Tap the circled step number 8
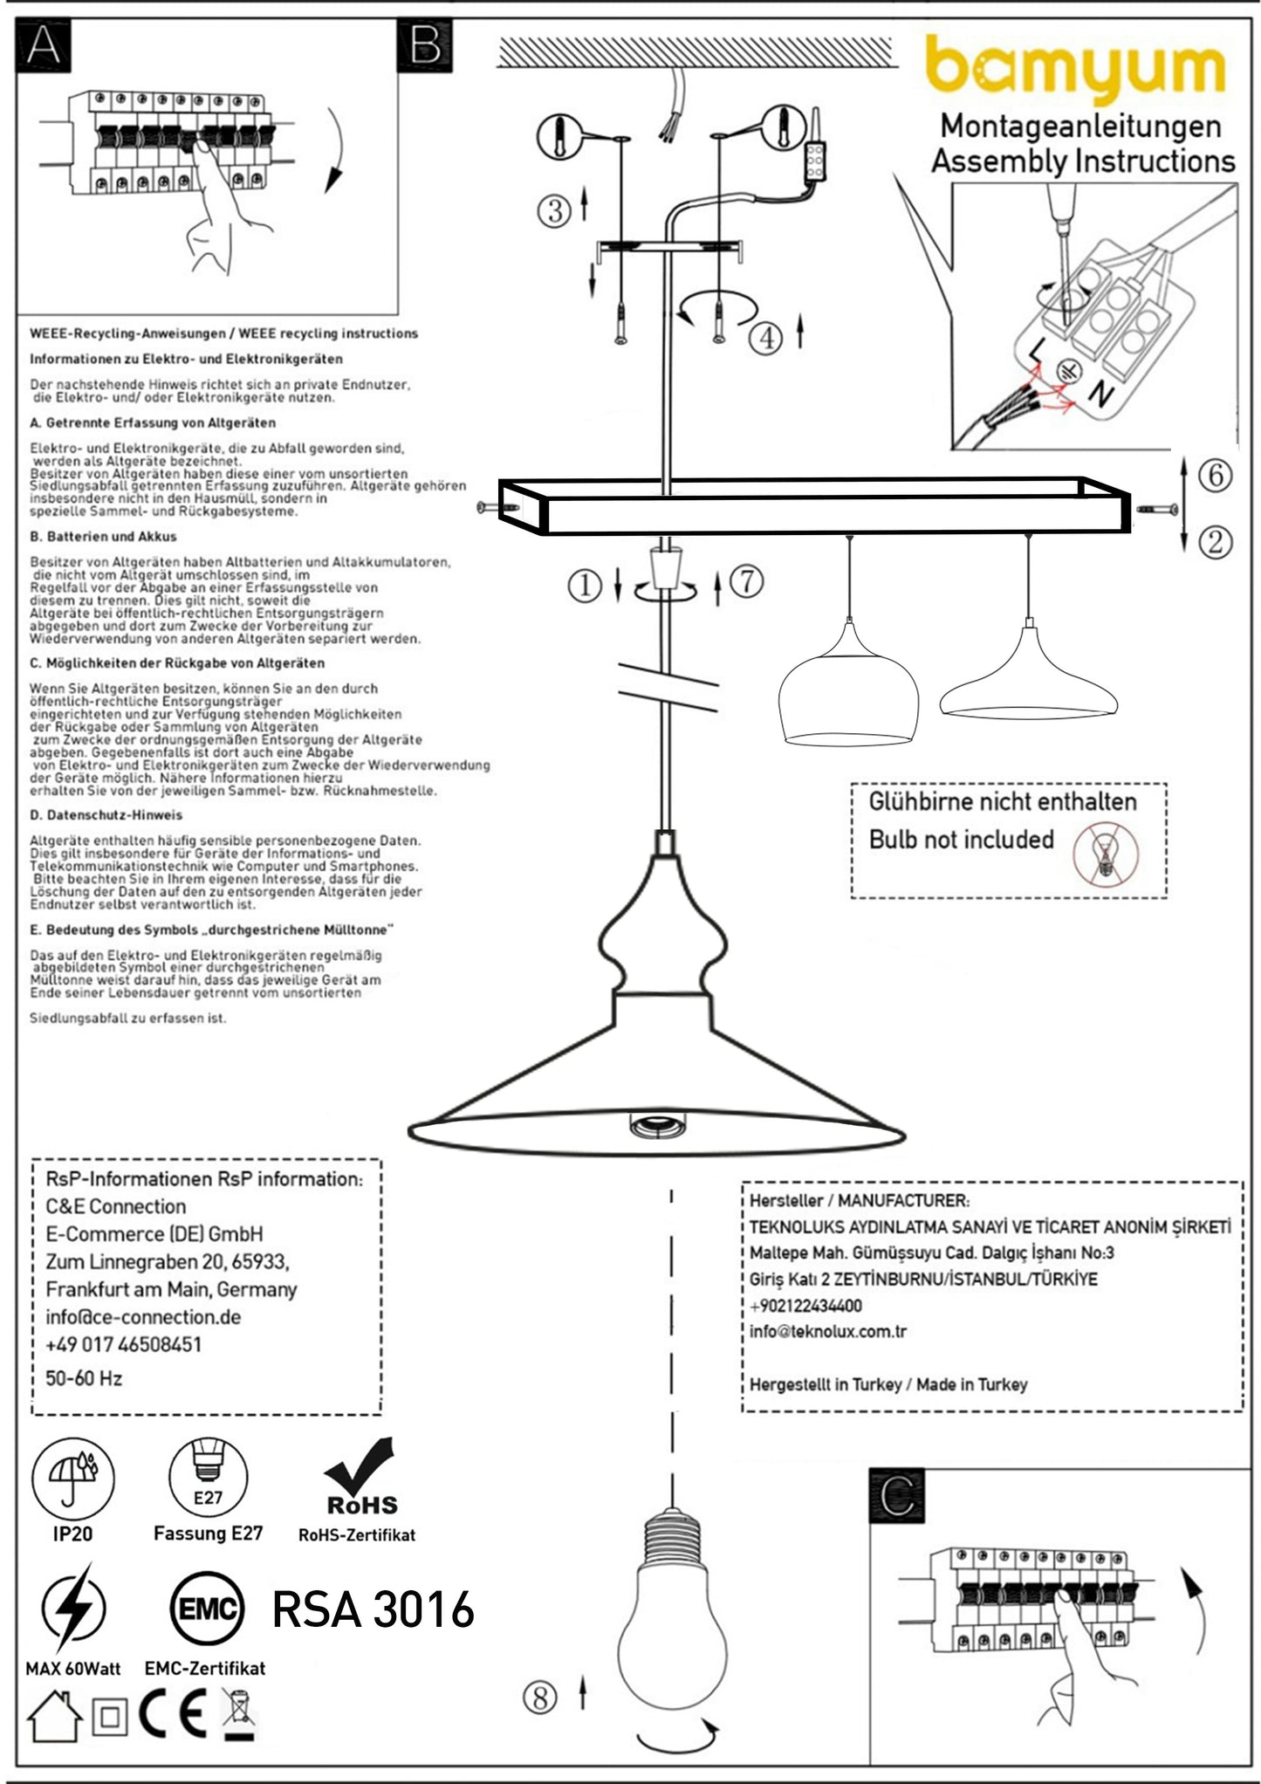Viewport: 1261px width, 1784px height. (539, 1697)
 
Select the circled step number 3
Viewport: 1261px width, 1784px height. (554, 210)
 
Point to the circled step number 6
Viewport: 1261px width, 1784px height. (1215, 475)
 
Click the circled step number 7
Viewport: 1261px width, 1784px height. (746, 580)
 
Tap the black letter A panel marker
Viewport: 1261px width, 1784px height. (44, 45)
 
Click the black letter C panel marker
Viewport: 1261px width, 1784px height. (897, 1496)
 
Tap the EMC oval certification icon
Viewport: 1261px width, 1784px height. (207, 1609)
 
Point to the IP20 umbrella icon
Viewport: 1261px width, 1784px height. (73, 1479)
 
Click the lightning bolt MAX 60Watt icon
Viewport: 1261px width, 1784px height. (74, 1608)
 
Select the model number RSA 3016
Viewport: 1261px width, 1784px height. (373, 1609)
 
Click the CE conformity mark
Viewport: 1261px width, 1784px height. (173, 1713)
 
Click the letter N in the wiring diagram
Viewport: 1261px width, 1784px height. (1100, 395)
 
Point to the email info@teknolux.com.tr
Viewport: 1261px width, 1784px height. (827, 1331)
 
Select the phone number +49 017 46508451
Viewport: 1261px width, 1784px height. (123, 1344)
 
